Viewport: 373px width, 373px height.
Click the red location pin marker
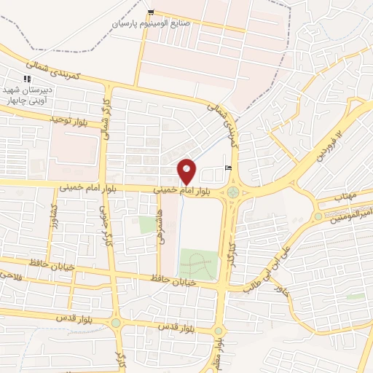click(187, 171)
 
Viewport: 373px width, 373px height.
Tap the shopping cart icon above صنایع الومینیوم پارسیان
click(151, 12)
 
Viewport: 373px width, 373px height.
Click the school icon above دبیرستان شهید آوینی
click(27, 78)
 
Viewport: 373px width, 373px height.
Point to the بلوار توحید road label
click(68, 118)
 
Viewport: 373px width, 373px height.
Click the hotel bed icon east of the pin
click(228, 168)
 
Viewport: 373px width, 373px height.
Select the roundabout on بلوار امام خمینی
click(232, 192)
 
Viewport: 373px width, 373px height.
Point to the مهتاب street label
click(345, 197)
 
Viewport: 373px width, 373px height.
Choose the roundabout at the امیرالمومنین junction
click(318, 216)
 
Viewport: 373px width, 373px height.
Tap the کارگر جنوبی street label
click(104, 227)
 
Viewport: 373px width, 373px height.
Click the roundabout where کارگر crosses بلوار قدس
click(115, 322)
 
